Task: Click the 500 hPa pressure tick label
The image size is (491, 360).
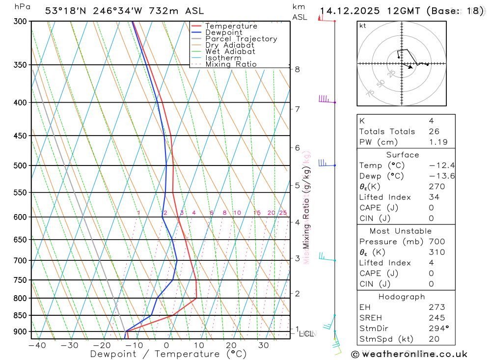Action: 20,166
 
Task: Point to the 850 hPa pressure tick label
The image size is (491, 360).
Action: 20,315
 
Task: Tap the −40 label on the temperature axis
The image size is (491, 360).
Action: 37,345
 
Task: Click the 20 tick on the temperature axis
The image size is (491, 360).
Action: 231,345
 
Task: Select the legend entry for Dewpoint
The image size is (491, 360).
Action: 224,32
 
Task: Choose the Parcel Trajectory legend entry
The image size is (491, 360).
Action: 241,39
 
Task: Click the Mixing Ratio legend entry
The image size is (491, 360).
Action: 231,64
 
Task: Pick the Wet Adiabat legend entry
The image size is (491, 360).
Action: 230,52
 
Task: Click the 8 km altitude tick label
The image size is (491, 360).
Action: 297,69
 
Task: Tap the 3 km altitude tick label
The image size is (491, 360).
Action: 297,258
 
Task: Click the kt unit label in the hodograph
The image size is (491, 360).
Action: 363,26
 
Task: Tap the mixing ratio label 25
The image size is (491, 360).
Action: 283,213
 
